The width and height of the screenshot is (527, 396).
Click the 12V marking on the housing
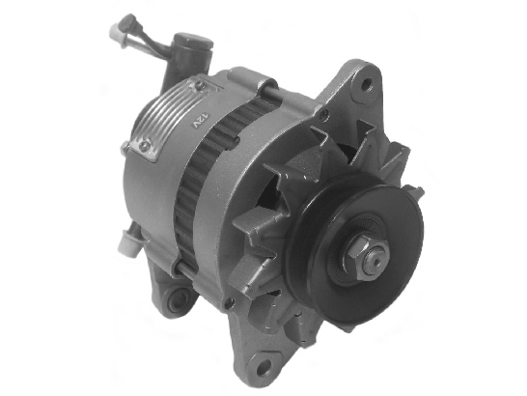coord(201,122)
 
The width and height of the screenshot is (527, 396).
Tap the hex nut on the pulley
coord(362,253)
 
